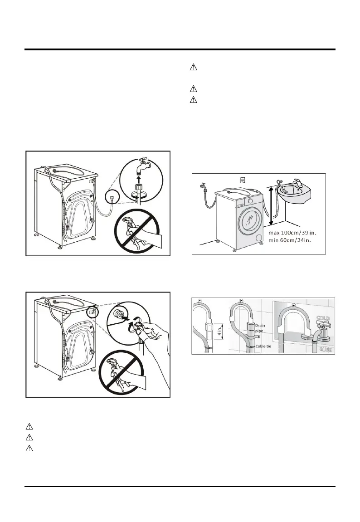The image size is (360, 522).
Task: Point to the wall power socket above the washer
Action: point(243,180)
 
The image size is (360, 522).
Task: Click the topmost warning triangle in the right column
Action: point(193,68)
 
